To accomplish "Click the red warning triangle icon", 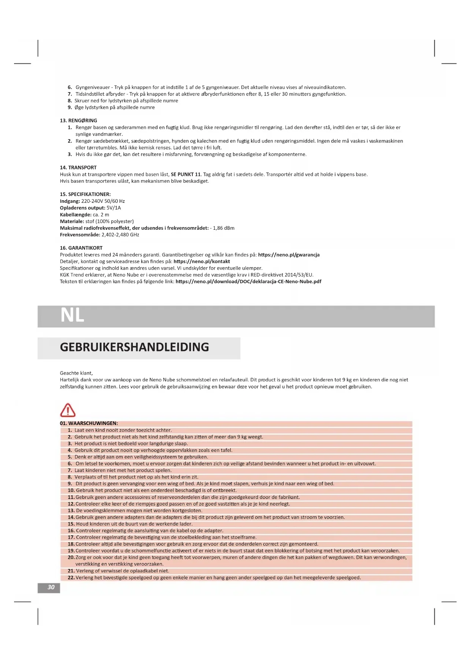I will click(x=68, y=410).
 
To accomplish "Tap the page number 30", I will click(x=51, y=587).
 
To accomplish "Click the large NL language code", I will click(x=72, y=315).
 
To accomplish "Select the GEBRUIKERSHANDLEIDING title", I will click(x=134, y=347).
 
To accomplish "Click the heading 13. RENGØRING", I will click(x=78, y=121).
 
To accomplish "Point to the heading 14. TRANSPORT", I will click(x=78, y=168).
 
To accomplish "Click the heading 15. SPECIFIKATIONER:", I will click(x=85, y=194).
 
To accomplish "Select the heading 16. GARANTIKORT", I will click(x=81, y=248).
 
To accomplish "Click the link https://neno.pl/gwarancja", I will click(x=288, y=255).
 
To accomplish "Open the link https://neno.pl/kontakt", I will click(x=202, y=262).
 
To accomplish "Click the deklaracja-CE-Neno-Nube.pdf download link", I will click(x=248, y=282).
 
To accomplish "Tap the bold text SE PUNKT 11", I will click(x=186, y=174).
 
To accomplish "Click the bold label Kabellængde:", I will click(x=76, y=215).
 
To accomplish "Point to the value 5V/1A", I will click(x=114, y=208).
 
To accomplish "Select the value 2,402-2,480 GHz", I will click(x=120, y=235).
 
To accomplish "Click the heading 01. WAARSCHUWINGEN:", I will click(x=89, y=423).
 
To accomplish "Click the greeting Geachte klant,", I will click(x=76, y=373).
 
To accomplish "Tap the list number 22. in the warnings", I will click(x=71, y=578).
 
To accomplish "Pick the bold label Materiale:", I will click(x=72, y=221).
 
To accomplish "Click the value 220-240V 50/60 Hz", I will click(x=103, y=201).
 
